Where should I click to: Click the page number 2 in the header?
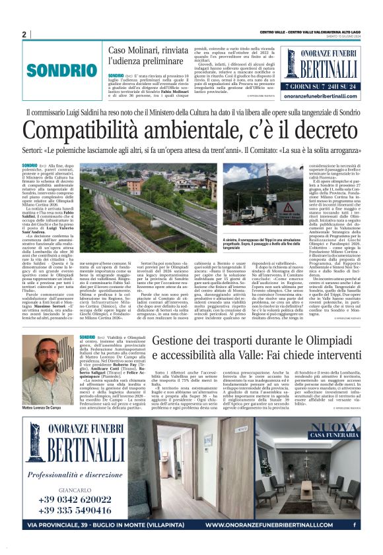click(24, 34)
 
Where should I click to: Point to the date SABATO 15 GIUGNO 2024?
click(347, 34)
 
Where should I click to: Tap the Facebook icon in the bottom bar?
click(355, 525)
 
